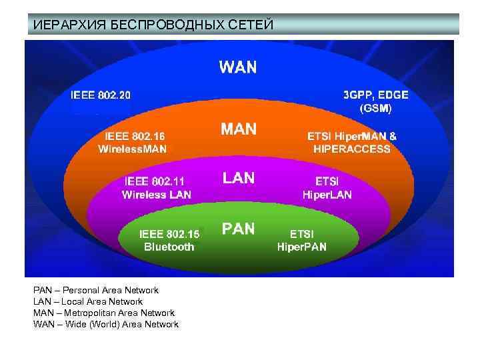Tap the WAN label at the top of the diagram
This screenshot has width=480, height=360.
pos(238,67)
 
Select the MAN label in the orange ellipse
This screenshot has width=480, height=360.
pos(239,129)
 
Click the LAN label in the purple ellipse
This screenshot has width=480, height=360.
pos(238,177)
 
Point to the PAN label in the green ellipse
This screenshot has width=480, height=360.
pos(238,229)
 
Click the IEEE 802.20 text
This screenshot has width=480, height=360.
pos(101,95)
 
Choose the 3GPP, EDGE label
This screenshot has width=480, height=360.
pos(376,95)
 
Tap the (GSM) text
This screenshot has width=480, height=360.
pos(375,107)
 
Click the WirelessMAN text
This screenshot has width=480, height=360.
pos(132,149)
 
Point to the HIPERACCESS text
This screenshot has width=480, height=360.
pos(351,149)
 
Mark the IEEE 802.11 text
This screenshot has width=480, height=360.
pos(155,181)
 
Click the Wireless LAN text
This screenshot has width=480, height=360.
pos(156,195)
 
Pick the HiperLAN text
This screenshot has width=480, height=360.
pos(327,195)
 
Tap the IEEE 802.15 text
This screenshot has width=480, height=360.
pos(169,234)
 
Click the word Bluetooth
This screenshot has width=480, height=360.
pos(169,247)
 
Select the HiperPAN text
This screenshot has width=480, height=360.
pos(302,247)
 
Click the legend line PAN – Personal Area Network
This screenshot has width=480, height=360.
pos(96,291)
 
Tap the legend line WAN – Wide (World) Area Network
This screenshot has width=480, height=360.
pos(106,324)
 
